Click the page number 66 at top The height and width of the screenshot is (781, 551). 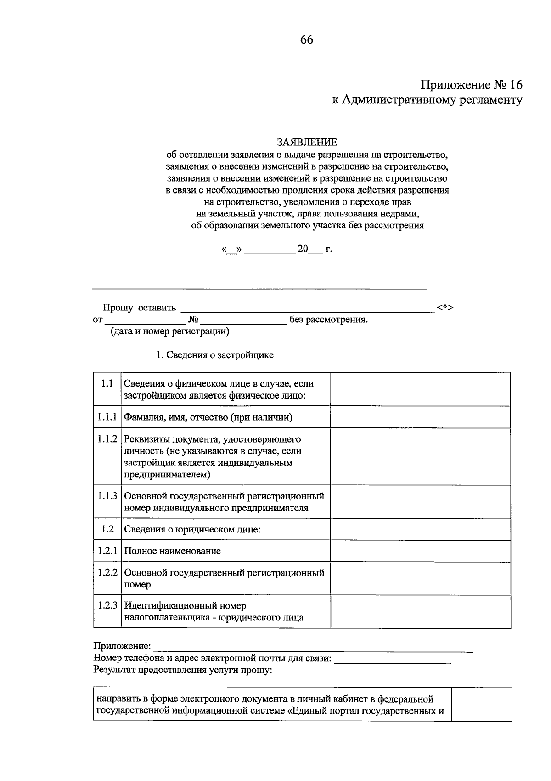tap(307, 40)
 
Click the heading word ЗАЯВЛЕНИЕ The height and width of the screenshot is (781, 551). tap(307, 143)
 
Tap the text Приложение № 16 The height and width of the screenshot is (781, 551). tap(472, 85)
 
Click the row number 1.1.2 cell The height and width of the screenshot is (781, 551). tap(107, 439)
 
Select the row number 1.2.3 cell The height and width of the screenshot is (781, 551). tap(107, 605)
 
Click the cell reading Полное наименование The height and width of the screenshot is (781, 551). tap(173, 551)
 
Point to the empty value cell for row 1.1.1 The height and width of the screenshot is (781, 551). tap(420, 417)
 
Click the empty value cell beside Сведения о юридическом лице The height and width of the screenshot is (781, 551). tap(420, 529)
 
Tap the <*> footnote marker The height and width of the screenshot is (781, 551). tap(445, 308)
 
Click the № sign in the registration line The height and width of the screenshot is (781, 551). tap(193, 320)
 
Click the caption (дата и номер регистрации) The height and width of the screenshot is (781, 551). tap(169, 331)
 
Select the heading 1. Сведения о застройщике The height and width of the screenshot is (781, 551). tap(215, 355)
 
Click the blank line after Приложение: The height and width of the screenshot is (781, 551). tap(312, 648)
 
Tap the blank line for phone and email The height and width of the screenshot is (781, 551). tap(393, 659)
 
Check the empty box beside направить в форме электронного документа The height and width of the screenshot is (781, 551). tap(481, 704)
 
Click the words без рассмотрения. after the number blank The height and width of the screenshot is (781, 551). tap(328, 320)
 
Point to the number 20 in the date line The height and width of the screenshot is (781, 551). tap(303, 249)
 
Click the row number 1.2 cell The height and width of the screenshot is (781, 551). tap(107, 529)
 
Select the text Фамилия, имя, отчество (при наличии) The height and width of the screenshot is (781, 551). tap(208, 417)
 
